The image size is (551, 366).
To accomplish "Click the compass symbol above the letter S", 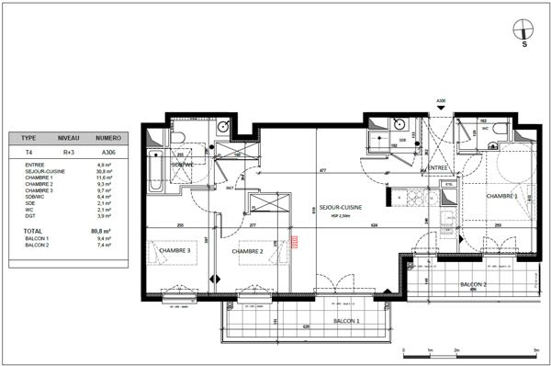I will tap(524, 27).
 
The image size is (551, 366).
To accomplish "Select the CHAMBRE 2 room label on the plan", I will tap(247, 251).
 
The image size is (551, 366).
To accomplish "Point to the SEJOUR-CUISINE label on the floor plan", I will tap(340, 208).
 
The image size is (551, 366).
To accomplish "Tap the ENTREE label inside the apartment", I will tap(437, 168).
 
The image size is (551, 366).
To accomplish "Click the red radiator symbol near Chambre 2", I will tap(295, 242).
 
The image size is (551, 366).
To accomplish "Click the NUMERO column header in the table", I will tap(109, 135).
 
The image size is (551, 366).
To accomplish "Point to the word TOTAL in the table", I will tap(33, 232).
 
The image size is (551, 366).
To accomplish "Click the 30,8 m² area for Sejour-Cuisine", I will tap(104, 170).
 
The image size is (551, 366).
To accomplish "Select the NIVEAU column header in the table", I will tap(69, 135).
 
